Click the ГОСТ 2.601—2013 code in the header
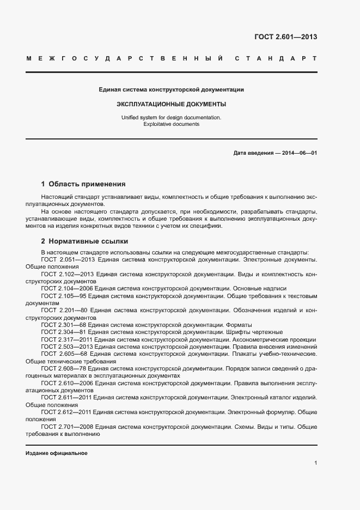(285, 37)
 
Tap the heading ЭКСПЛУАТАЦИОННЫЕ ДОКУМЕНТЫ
(172, 104)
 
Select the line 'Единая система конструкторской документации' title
(171, 89)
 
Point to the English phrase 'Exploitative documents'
(172, 124)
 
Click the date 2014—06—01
(300, 153)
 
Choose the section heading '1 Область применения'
(83, 184)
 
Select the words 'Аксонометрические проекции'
(277, 339)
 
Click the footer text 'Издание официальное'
(56, 453)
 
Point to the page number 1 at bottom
(316, 463)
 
